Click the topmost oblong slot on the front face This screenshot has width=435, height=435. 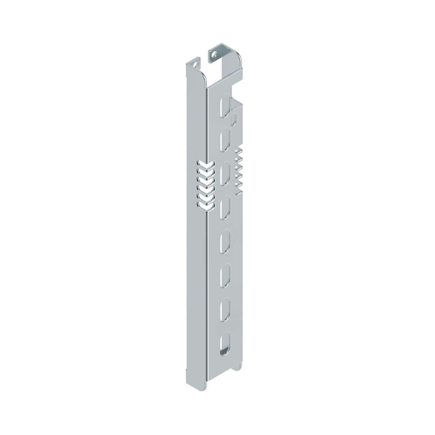click(x=223, y=107)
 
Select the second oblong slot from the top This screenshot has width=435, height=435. click(x=223, y=141)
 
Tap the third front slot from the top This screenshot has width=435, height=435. click(x=223, y=175)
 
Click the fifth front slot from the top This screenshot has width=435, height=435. click(x=223, y=243)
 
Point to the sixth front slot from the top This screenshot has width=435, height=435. click(x=223, y=276)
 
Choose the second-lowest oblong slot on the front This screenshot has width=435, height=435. click(x=223, y=310)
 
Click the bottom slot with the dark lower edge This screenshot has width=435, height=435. click(x=223, y=345)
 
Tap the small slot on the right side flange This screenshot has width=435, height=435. click(x=234, y=119)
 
